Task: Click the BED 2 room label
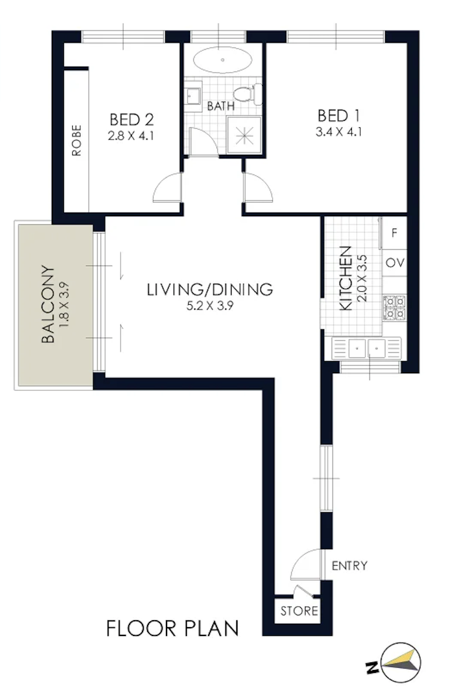tap(131, 120)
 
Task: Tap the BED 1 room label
tap(338, 116)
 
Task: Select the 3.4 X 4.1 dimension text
tap(338, 132)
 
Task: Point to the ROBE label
tap(77, 140)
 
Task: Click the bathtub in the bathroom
tap(223, 60)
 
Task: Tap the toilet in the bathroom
tap(245, 94)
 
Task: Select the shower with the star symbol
tap(244, 135)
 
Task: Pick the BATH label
tap(221, 107)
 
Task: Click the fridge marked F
tap(394, 233)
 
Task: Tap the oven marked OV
tap(395, 263)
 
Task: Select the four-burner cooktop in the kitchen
tap(395, 308)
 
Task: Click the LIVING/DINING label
tap(210, 290)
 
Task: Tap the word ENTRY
tap(349, 566)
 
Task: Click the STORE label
tap(299, 611)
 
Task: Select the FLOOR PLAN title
tap(172, 628)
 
